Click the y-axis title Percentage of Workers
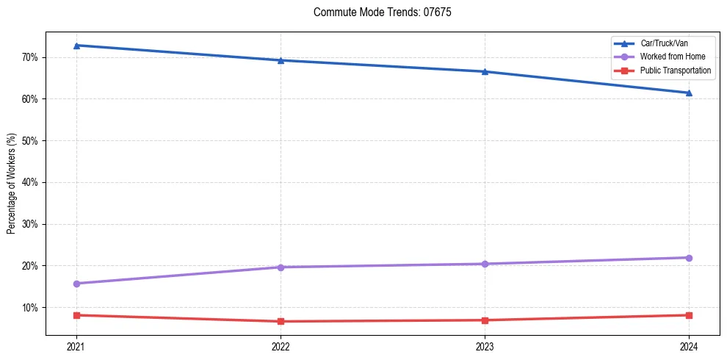tap(12, 184)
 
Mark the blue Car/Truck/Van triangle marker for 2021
tap(76, 46)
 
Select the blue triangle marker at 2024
tap(689, 93)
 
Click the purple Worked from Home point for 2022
tap(281, 267)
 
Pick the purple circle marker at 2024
tap(689, 258)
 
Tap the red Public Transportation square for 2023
tap(485, 320)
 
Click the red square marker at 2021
tap(76, 315)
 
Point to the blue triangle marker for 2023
tap(485, 71)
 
